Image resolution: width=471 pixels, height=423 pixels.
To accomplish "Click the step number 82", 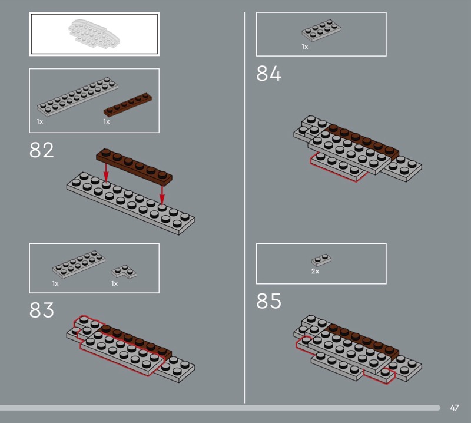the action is pyautogui.click(x=41, y=150).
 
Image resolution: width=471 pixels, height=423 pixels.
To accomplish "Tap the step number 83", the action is pyautogui.click(x=41, y=310).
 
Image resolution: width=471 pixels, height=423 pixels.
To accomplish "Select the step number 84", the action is pyautogui.click(x=268, y=74).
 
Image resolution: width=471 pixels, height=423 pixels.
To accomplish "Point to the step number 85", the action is pyautogui.click(x=268, y=301).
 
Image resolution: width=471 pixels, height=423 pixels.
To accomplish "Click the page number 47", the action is pyautogui.click(x=454, y=408).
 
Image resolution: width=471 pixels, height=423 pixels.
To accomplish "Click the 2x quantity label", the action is pyautogui.click(x=315, y=271).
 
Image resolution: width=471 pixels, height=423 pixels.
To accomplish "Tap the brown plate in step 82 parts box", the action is pyautogui.click(x=128, y=104).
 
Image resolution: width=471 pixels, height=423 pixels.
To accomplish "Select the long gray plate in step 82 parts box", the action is pyautogui.click(x=77, y=97).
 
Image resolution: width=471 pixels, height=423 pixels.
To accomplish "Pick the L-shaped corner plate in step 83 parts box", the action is pyautogui.click(x=124, y=271).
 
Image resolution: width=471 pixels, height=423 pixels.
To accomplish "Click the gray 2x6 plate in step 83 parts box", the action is pyautogui.click(x=79, y=265).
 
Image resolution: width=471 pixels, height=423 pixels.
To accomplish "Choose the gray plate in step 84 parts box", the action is pyautogui.click(x=321, y=31).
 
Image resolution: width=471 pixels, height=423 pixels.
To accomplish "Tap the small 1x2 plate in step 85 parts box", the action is pyautogui.click(x=321, y=260).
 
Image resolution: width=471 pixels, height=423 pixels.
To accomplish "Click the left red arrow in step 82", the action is pyautogui.click(x=106, y=172).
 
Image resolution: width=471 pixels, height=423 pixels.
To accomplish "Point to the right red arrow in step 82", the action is pyautogui.click(x=162, y=196).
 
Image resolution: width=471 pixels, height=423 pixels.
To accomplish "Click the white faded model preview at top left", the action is pyautogui.click(x=94, y=33).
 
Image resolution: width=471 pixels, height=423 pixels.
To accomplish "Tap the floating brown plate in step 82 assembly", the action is pyautogui.click(x=134, y=167).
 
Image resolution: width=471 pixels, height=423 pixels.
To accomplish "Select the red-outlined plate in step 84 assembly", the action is pyautogui.click(x=339, y=167).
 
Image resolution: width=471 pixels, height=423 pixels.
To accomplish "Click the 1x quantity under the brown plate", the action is pyautogui.click(x=107, y=121).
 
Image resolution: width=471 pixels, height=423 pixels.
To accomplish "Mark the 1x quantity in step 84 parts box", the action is pyautogui.click(x=305, y=47).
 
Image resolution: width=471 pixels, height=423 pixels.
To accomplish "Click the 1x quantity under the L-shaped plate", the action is pyautogui.click(x=114, y=283).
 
